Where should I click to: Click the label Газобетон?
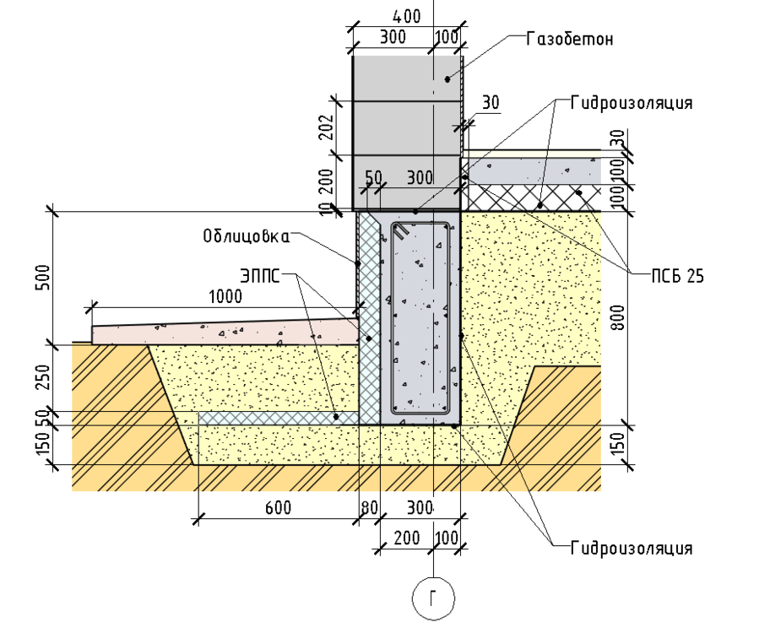568,39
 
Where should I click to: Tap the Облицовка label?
246,235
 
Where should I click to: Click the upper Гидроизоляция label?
631,103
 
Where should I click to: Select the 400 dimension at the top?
407,15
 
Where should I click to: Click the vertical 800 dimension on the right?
618,316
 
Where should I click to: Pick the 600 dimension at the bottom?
277,507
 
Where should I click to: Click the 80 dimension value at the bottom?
368,507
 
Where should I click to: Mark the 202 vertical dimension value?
328,127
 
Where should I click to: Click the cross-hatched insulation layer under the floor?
532,197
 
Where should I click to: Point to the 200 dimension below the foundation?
406,538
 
